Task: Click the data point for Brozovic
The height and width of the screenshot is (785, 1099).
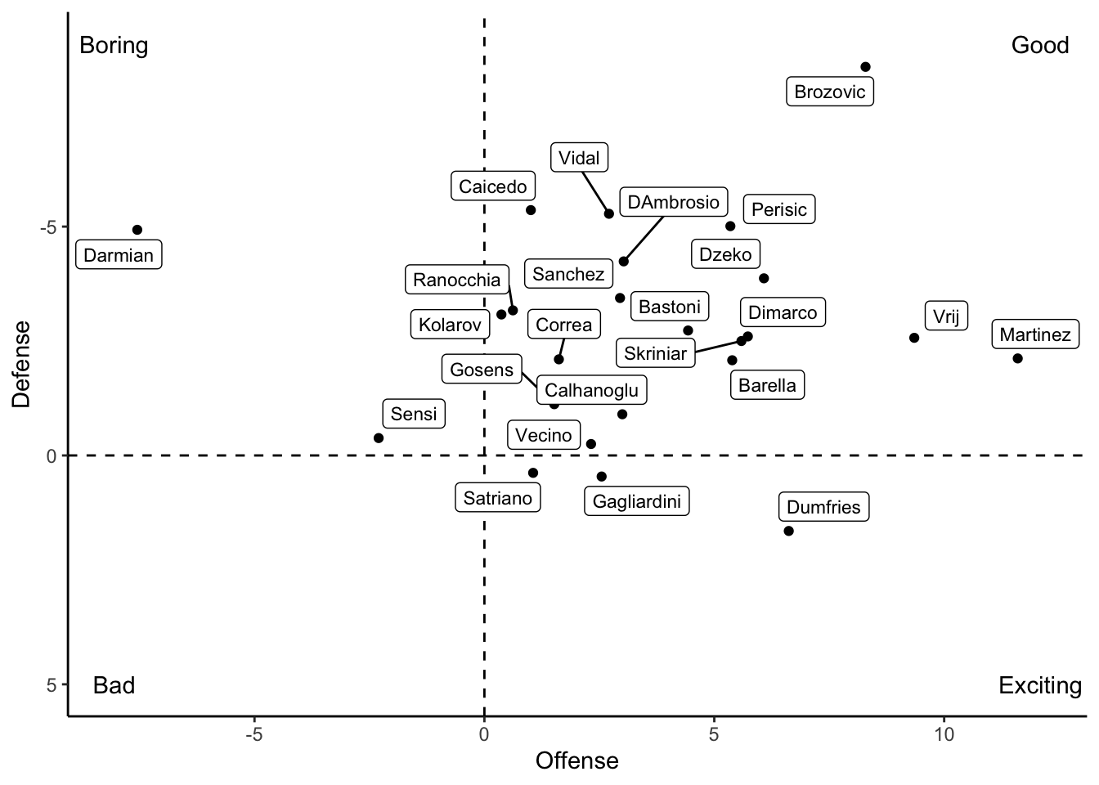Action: coord(865,67)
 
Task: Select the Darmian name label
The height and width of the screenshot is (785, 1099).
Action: coord(119,255)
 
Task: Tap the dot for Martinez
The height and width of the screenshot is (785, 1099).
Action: coord(1017,358)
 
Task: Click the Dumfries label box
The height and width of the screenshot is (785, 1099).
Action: coord(823,507)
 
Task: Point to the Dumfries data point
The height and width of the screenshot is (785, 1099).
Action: coord(788,531)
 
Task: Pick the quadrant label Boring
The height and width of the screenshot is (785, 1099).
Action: coord(114,45)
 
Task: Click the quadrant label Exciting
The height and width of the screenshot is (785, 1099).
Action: coord(1039,685)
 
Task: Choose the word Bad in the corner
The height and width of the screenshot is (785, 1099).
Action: coord(114,685)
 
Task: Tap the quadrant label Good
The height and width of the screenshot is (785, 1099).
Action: coord(1039,45)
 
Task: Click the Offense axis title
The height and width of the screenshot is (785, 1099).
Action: coord(576,761)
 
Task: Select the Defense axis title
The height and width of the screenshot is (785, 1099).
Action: coord(22,364)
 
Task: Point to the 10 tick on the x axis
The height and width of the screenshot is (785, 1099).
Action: coord(944,734)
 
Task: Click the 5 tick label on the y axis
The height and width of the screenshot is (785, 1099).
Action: coord(52,685)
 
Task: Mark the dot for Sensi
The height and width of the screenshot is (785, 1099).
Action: coord(379,438)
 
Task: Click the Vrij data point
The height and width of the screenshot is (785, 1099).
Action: coord(914,338)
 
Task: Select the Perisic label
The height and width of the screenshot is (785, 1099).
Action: coord(778,209)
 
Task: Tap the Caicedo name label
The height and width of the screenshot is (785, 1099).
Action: coord(493,186)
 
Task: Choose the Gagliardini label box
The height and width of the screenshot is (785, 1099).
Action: coord(636,501)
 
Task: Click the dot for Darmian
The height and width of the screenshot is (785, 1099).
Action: coord(137,230)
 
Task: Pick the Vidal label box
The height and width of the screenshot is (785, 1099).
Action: coord(579,158)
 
